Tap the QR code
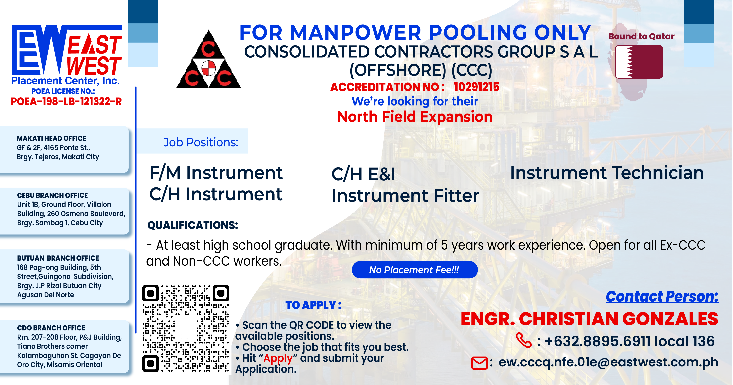[186, 328]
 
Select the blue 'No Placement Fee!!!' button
[415, 270]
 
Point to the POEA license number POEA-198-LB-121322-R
[66, 101]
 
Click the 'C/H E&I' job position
[363, 174]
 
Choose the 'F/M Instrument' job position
[216, 173]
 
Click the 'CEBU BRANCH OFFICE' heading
[52, 195]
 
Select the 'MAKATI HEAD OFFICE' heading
[51, 138]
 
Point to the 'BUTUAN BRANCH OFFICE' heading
[58, 258]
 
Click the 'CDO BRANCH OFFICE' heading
[51, 328]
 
